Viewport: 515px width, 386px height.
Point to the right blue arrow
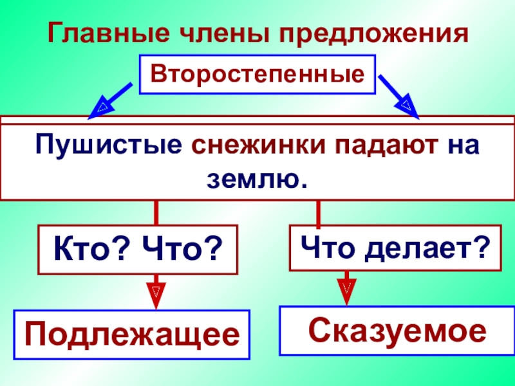tap(399, 96)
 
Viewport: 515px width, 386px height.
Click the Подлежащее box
tap(133, 334)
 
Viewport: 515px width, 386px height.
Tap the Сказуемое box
tap(395, 330)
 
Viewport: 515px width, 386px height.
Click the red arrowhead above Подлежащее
tap(155, 291)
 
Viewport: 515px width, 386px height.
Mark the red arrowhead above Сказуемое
tap(346, 288)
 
